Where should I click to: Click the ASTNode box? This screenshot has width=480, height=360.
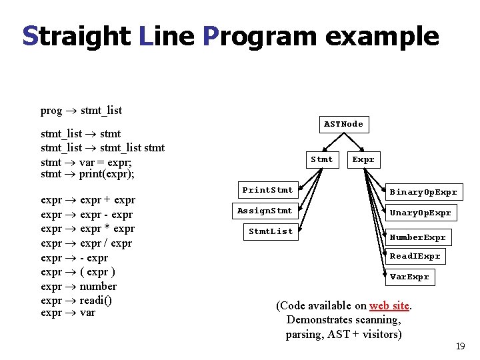343,124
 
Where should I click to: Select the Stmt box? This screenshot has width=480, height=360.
322,159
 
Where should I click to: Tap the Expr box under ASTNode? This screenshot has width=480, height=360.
363,159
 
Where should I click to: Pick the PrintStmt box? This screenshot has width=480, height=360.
267,190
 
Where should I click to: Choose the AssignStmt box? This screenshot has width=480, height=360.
265,211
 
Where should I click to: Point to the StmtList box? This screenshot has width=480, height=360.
270,231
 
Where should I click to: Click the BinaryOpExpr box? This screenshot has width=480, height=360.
423,192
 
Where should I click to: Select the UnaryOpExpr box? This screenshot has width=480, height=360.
420,213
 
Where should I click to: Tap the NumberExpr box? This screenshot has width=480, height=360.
417,237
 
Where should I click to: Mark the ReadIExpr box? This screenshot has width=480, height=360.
415,256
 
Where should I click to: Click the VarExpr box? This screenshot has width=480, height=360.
409,277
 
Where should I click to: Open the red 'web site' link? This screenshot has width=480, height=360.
389,305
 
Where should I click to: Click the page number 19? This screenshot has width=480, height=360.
459,346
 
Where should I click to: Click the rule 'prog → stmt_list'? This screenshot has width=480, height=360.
81,111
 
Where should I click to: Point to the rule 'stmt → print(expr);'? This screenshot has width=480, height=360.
87,175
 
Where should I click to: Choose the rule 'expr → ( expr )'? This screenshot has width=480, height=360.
78,272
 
